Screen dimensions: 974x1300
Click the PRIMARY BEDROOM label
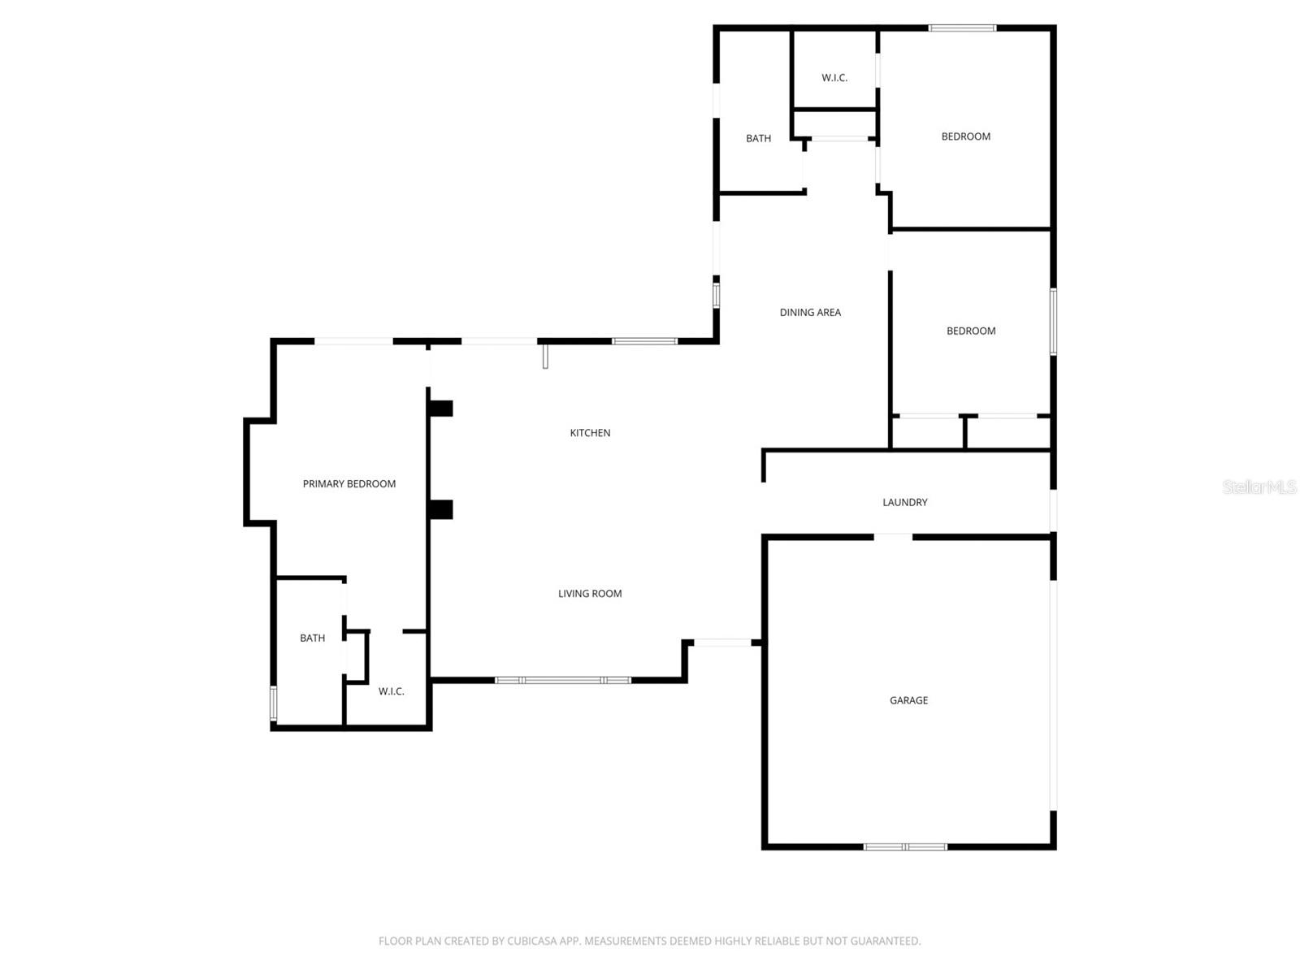349,484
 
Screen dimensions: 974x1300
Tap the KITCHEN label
590,433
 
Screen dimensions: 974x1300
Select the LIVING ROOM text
590,594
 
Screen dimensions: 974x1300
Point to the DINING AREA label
810,313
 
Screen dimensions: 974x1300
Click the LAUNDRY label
905,503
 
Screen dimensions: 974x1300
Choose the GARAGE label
908,700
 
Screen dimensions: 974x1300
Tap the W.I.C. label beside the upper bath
834,78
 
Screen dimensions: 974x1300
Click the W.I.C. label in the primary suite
391,691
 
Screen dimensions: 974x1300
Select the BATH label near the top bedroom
758,139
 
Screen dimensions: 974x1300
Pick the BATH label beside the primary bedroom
312,639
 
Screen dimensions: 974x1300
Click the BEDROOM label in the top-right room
965,136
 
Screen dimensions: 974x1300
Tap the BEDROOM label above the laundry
971,331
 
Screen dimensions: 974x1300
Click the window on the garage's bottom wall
905,846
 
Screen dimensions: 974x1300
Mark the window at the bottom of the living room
563,680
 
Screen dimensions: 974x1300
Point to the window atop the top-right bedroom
962,28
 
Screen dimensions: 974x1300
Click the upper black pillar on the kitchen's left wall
440,409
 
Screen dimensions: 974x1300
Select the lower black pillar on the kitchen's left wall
440,509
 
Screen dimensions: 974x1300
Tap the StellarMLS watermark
1259,487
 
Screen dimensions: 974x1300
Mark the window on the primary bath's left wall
274,703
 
